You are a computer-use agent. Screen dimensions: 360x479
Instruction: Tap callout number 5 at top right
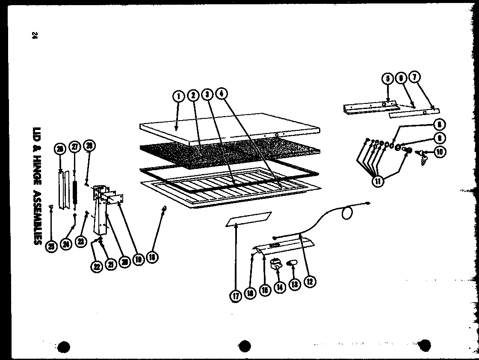(x=387, y=79)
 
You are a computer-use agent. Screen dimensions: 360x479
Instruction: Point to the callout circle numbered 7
(x=414, y=77)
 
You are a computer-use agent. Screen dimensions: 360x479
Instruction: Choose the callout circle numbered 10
(x=440, y=151)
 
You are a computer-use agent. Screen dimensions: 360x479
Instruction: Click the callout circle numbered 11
(x=379, y=180)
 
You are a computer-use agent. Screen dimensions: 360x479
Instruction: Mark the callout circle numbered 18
(x=152, y=257)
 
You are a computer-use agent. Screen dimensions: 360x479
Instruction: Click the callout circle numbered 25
(x=51, y=246)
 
